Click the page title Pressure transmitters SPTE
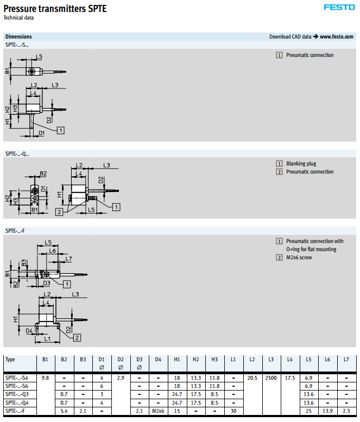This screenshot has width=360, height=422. click(x=55, y=9)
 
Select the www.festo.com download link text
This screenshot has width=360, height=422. click(x=337, y=37)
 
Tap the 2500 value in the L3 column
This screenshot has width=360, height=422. click(x=270, y=377)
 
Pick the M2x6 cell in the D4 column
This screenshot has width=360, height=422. click(x=157, y=411)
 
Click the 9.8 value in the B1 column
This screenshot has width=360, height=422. click(x=45, y=377)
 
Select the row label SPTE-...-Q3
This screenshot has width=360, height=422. click(x=18, y=394)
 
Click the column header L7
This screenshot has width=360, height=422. click(x=346, y=359)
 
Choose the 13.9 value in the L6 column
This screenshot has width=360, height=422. click(x=327, y=411)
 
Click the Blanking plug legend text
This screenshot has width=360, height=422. click(x=301, y=164)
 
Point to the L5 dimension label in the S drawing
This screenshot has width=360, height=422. click(x=39, y=57)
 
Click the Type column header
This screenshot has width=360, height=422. click(x=10, y=359)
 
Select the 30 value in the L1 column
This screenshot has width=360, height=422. click(x=233, y=411)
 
